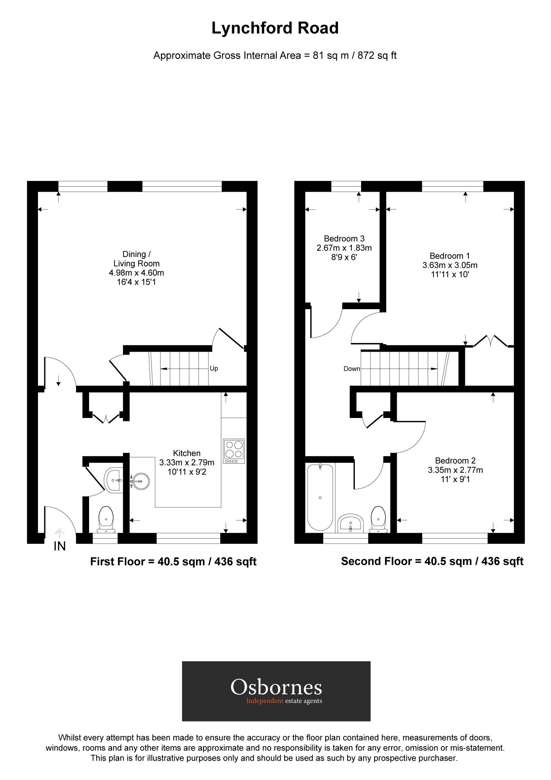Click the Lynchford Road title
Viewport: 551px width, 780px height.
point(275,28)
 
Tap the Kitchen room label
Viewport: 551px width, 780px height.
point(186,453)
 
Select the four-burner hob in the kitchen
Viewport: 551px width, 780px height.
point(234,451)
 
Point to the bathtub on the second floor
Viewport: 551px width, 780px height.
point(320,497)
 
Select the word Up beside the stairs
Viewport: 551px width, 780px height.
point(214,369)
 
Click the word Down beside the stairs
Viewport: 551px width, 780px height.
point(351,369)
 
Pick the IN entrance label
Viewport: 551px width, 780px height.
point(60,546)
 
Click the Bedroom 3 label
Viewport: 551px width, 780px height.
point(344,238)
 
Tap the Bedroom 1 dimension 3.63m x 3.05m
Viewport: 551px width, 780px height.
point(449,265)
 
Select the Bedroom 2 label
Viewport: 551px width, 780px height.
point(455,460)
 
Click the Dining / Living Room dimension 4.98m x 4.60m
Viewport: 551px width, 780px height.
point(136,273)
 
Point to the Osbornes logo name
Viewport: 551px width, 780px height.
point(276,687)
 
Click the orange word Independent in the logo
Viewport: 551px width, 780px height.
point(264,701)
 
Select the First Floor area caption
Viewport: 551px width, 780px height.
point(173,561)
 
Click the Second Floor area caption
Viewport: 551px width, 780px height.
point(432,561)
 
